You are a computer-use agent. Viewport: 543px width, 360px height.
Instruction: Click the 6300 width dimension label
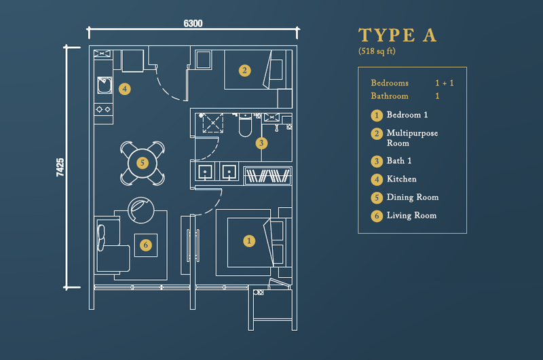[193, 23]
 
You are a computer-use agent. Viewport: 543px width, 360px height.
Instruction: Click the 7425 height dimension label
[60, 167]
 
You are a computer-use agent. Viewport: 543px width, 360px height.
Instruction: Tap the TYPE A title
[397, 35]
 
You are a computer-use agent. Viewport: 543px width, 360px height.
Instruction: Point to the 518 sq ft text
[377, 51]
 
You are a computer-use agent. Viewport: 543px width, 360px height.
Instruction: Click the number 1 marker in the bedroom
[249, 241]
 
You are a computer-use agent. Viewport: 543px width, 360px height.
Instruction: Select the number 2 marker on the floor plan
[244, 71]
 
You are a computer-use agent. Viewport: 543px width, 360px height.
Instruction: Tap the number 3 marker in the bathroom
[261, 143]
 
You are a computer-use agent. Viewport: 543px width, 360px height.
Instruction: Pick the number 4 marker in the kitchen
[125, 89]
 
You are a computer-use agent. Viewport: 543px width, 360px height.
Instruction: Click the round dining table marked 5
[143, 163]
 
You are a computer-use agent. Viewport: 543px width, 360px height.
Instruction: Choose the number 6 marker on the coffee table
[146, 245]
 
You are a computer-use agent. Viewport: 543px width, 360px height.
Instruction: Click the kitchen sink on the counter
[105, 85]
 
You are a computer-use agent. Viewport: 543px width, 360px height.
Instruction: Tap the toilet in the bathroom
[245, 125]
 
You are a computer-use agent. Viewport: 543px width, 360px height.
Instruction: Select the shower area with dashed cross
[213, 123]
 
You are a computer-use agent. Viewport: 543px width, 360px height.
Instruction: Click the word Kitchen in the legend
[401, 179]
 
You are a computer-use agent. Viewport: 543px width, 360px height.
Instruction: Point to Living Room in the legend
[411, 215]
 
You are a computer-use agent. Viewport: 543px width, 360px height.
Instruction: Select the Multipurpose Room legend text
[412, 138]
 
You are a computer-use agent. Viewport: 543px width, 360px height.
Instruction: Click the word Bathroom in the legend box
[390, 96]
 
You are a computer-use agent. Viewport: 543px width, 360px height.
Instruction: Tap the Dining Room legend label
[413, 197]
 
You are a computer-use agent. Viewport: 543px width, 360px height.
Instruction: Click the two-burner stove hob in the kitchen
[104, 109]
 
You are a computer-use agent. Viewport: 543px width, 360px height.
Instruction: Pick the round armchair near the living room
[141, 211]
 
